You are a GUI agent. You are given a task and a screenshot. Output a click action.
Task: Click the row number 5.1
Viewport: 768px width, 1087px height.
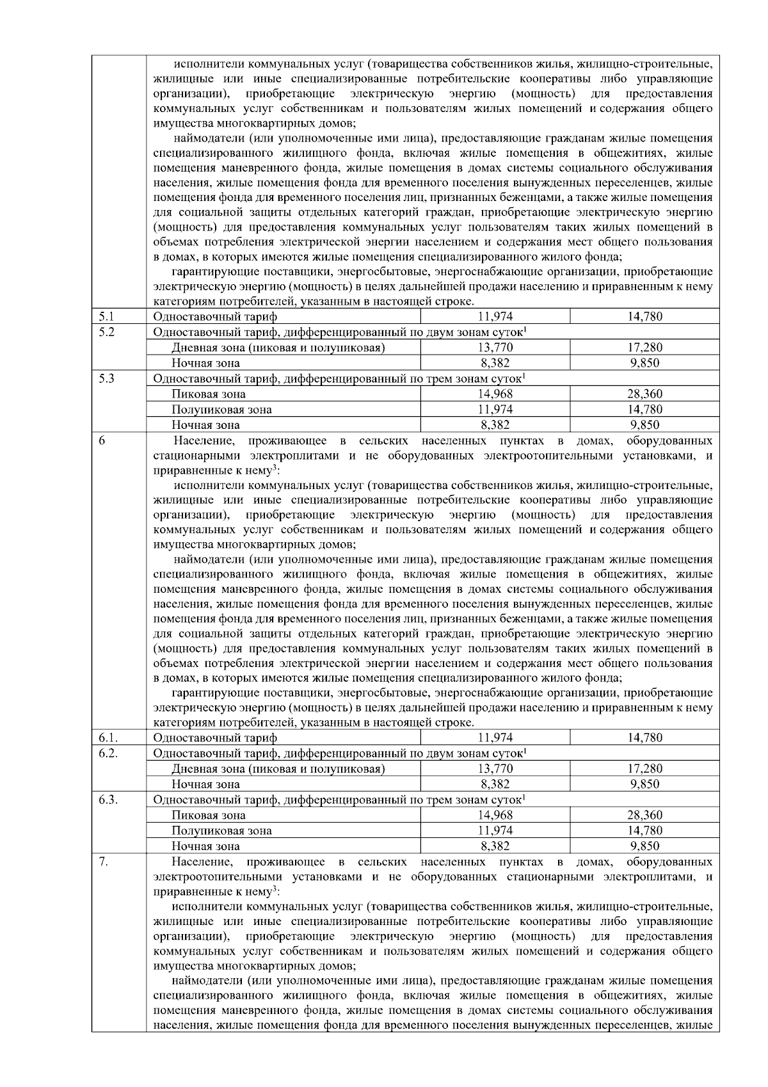pos(106,316)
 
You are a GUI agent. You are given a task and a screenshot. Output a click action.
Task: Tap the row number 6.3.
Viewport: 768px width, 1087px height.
pos(108,800)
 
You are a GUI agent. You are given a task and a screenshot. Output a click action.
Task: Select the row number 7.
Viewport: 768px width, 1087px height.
pos(104,862)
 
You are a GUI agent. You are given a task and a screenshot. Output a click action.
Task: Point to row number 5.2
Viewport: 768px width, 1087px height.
pos(106,332)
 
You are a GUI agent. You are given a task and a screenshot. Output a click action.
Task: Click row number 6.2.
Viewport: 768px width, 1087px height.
pos(108,753)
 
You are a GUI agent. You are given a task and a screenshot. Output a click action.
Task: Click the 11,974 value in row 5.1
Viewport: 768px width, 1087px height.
pos(495,316)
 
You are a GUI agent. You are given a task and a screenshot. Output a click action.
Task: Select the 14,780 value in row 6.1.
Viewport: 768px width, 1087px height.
pos(644,737)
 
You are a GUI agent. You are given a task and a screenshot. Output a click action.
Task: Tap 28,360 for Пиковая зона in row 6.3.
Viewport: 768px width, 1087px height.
pos(644,816)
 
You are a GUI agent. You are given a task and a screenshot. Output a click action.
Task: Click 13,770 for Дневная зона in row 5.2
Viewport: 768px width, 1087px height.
pos(495,348)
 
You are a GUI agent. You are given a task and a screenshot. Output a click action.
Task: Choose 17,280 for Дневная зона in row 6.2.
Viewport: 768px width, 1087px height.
pos(644,769)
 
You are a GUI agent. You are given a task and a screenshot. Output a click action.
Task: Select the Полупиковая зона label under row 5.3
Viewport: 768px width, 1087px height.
pos(221,410)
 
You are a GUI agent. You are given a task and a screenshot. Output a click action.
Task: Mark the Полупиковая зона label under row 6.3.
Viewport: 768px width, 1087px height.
pos(221,831)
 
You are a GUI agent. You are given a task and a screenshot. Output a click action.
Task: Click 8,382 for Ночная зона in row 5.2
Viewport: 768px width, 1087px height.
pos(495,363)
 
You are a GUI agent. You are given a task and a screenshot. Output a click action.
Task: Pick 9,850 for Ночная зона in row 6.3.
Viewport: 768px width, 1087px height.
pos(644,846)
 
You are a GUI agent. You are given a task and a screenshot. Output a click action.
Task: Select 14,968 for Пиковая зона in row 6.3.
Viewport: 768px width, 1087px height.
pos(495,816)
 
